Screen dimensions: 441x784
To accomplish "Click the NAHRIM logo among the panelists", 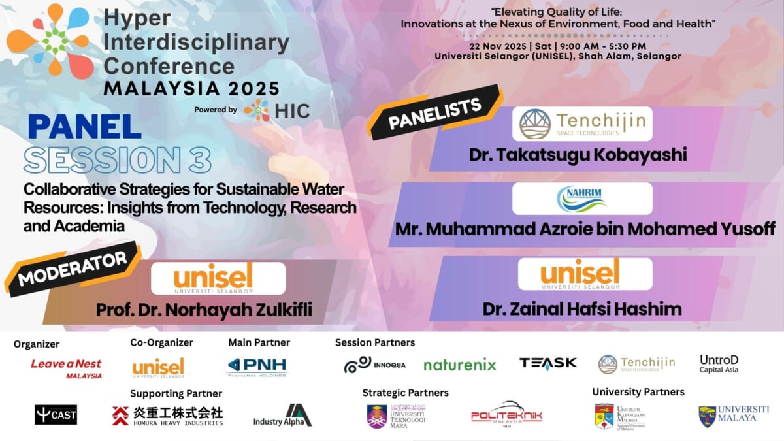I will click(582, 199).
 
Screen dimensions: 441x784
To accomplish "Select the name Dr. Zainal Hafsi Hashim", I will click(581, 308).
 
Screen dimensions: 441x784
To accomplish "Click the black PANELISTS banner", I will click(434, 114).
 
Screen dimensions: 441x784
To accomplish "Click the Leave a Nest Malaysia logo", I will click(66, 367).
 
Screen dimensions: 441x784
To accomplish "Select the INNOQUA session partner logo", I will click(374, 364).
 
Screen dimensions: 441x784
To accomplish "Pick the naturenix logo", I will click(459, 365).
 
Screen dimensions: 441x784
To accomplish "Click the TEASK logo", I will click(547, 363).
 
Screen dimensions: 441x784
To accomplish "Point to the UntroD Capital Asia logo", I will click(719, 364).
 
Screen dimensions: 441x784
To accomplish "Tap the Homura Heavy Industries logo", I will click(167, 416).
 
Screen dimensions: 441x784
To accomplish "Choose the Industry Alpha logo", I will click(282, 416).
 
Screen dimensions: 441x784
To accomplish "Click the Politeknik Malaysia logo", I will click(506, 416).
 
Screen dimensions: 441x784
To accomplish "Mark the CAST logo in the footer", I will click(56, 414).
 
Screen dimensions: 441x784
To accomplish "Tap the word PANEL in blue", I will click(85, 127).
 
